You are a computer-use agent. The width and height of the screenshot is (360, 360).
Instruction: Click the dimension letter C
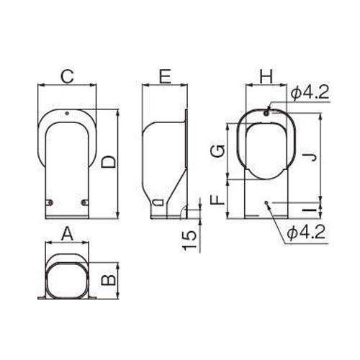pos(67,76)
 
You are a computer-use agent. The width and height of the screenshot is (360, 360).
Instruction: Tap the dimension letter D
pos(108,162)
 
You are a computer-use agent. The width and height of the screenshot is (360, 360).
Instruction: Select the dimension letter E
pos(166,76)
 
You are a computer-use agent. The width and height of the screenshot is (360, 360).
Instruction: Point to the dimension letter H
pos(266,76)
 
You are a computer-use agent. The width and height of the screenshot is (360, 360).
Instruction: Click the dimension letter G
pos(217,151)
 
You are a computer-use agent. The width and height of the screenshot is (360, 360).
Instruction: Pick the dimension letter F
pos(217,199)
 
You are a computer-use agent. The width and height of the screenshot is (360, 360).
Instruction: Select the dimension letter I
pos(310,210)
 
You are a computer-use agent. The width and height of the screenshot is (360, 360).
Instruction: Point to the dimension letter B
pos(109,280)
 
